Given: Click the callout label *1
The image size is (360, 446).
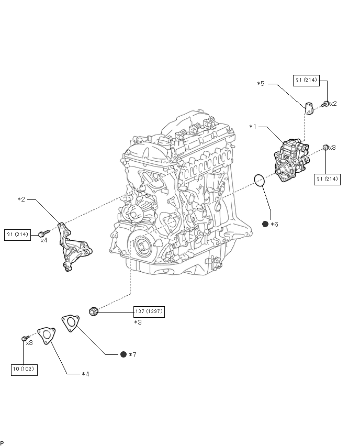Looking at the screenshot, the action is coord(253,127).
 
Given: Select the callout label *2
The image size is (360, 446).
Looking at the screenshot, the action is coord(21,199).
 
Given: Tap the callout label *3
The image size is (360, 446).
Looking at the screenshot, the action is coord(138,322).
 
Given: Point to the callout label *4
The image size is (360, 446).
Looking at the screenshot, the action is coord(85,374).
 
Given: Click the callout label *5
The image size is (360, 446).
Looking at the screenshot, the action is coord(261,84).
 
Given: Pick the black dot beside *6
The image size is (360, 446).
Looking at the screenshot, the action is coord(265,224).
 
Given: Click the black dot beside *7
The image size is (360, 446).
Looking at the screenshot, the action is coord(123,354).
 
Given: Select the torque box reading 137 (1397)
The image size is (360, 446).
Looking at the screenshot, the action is coord(149,311).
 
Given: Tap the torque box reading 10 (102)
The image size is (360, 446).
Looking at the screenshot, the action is coord(24,370).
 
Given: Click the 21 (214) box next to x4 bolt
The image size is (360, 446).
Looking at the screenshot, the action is coord(17,235).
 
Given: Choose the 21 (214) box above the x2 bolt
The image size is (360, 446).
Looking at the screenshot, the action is coord(306,80).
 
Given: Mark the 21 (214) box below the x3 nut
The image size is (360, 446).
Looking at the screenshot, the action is coord(327,179).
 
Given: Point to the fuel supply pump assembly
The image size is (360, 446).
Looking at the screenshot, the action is coord(291,160).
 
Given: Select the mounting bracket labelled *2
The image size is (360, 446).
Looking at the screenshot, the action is coord(74,247).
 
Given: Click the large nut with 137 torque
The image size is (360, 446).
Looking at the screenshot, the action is coord(93,311).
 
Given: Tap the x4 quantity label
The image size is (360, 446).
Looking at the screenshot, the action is coord(44,240).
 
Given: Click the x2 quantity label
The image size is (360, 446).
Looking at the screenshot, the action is coord(333,104).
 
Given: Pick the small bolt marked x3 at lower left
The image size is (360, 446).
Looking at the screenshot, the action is coord(25,338).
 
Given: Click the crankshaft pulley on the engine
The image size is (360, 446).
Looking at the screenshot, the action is coord(142,247).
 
